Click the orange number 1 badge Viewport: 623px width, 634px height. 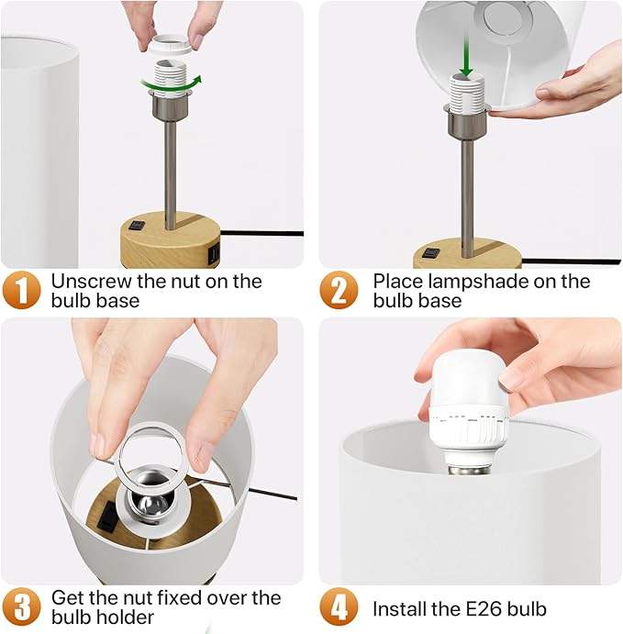21,290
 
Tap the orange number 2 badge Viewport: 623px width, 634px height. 339,290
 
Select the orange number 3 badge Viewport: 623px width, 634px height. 21,606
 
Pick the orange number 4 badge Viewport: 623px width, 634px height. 339,606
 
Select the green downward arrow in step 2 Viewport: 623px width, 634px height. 466,56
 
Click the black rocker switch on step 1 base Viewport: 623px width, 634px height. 137,225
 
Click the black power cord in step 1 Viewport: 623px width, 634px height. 261,233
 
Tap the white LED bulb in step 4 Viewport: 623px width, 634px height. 468,412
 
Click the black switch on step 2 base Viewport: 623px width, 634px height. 431,253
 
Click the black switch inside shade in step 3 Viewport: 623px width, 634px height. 106,516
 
